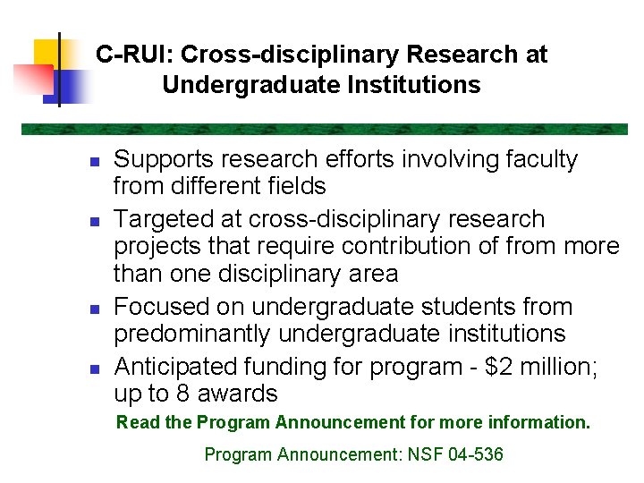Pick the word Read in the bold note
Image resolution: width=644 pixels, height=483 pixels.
[x=135, y=422]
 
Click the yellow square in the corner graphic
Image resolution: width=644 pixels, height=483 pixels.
[x=47, y=54]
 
